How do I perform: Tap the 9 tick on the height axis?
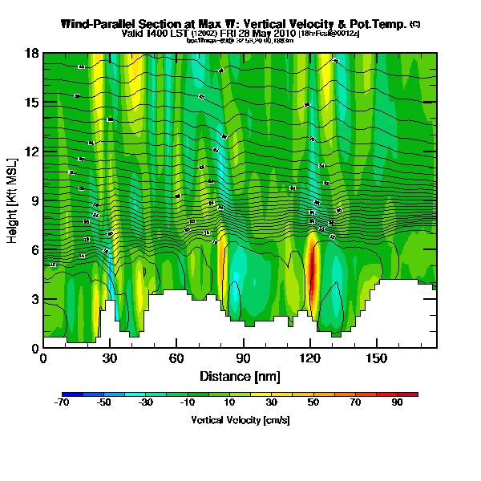point(34,200)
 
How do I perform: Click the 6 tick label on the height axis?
point(34,249)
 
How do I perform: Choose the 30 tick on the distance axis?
point(110,358)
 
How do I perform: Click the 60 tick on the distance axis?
point(176,358)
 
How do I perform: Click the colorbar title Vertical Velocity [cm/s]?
point(240,420)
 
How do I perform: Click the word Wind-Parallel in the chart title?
point(97,24)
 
